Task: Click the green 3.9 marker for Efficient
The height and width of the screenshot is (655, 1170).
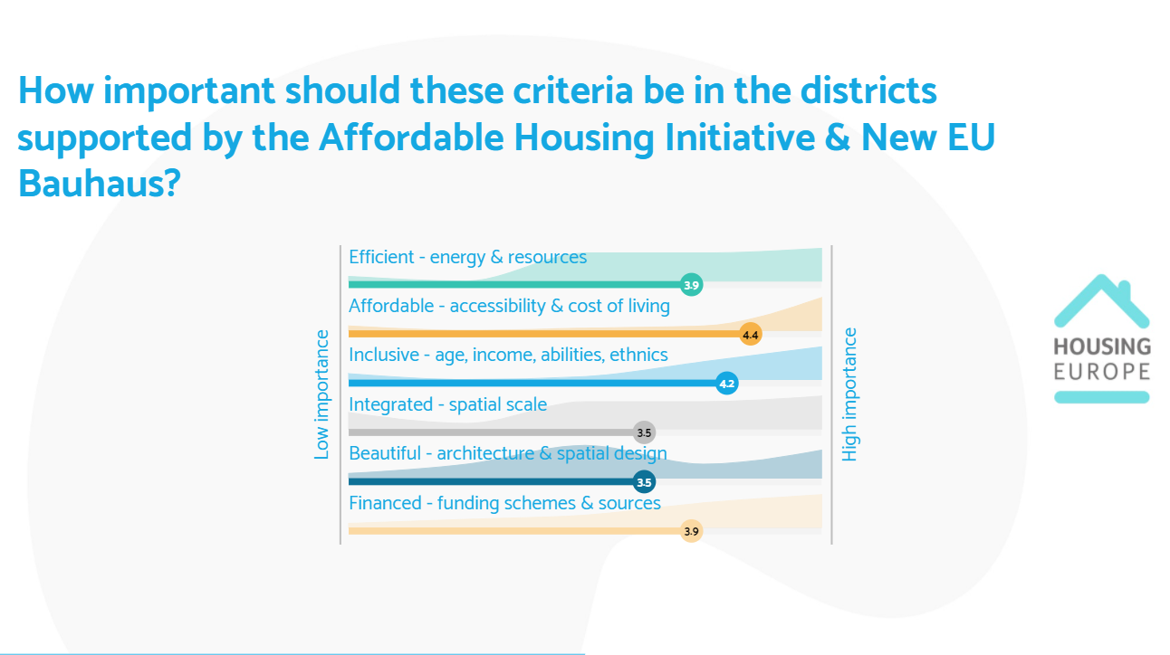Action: [x=692, y=285]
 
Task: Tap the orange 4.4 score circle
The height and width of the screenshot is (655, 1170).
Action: [x=751, y=335]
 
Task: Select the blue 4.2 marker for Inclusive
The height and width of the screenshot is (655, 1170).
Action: [x=727, y=384]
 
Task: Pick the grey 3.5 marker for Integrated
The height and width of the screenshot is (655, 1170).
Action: [x=644, y=432]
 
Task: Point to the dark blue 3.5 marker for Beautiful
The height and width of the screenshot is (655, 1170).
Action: [x=644, y=481]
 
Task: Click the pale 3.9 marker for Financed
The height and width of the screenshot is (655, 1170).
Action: [x=692, y=531]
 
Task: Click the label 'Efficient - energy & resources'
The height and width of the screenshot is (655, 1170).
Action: [x=467, y=257]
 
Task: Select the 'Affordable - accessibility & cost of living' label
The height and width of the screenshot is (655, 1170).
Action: [x=509, y=307]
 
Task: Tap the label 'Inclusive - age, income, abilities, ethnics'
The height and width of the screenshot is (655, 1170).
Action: [x=508, y=356]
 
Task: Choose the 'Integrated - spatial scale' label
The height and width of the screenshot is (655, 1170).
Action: [x=447, y=405]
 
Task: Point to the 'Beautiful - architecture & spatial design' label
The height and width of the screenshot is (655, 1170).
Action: [x=508, y=454]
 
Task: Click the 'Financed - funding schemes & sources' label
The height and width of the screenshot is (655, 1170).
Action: [x=504, y=503]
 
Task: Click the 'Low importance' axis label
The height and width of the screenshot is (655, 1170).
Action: [x=321, y=394]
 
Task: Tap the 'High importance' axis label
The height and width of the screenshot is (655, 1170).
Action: [x=849, y=394]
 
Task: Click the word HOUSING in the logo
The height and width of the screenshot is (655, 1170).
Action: [x=1102, y=346]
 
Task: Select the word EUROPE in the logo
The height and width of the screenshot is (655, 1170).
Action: [x=1102, y=372]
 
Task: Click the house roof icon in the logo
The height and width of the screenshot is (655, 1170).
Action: [x=1102, y=301]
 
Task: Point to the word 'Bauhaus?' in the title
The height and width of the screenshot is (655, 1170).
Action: [x=100, y=184]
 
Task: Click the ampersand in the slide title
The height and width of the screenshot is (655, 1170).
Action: [x=838, y=138]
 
